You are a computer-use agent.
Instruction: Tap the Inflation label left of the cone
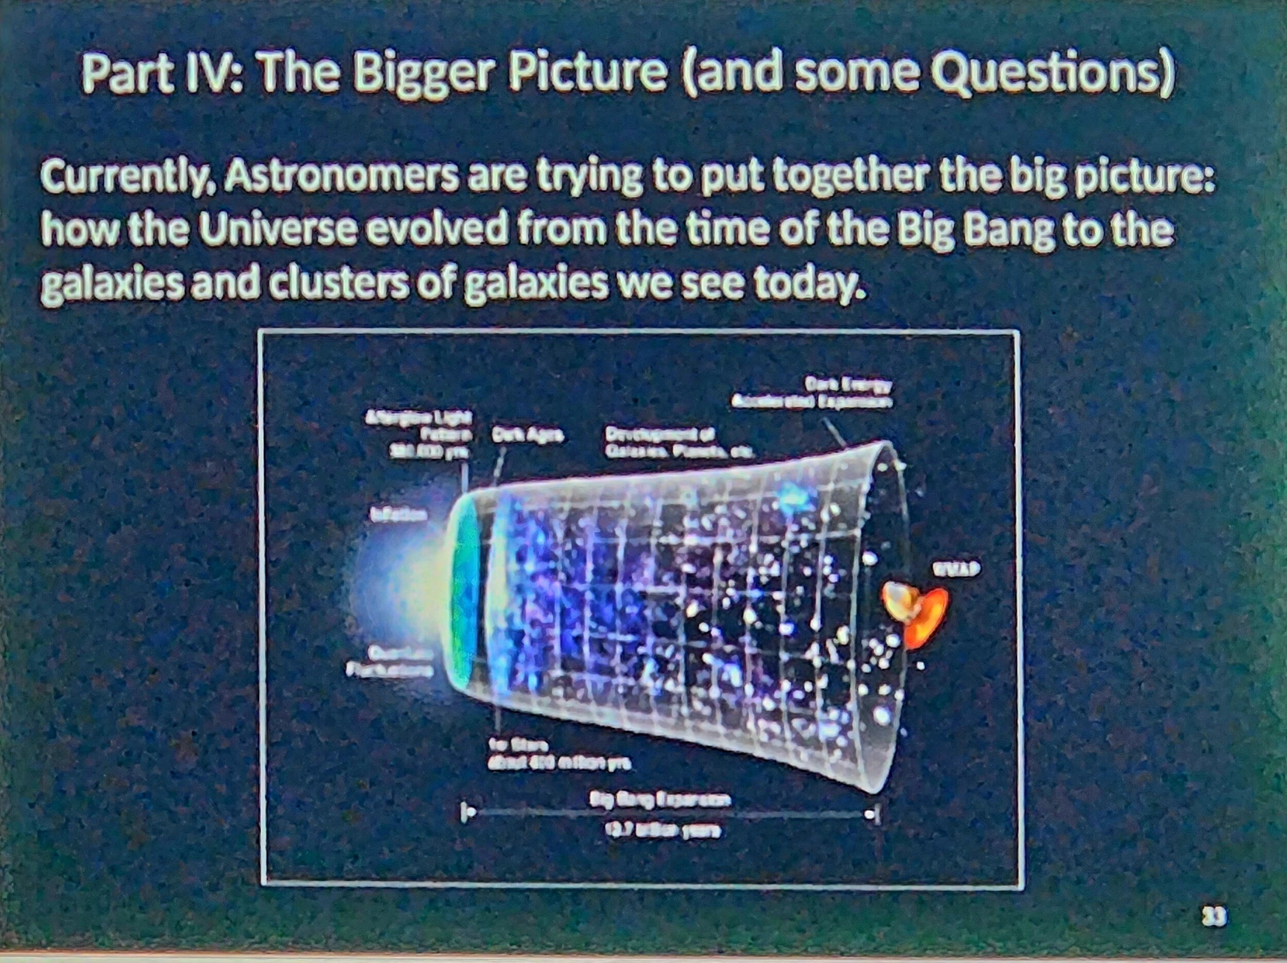(x=398, y=515)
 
